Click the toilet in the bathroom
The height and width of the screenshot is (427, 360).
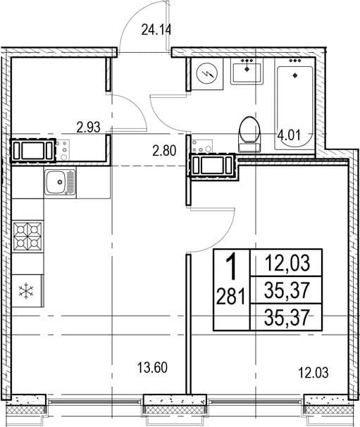coord(249,134)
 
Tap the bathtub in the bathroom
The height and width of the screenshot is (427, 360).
coord(294,104)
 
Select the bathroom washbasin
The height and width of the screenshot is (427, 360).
coord(247,71)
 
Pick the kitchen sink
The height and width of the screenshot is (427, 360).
coord(60,182)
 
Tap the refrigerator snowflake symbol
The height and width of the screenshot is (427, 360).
coord(26,291)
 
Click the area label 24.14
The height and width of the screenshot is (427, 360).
coord(156,30)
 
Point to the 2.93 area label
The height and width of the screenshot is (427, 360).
coord(89,127)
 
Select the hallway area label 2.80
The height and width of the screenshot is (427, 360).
coord(164,151)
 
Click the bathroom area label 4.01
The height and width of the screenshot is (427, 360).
coord(289,135)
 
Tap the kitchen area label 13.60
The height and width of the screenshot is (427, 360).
coord(152,368)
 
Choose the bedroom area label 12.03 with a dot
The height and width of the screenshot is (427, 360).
coord(314,373)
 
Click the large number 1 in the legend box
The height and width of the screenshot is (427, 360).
coord(232,266)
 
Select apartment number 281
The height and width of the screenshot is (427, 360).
coord(230,296)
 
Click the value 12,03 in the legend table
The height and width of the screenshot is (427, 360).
coord(287,264)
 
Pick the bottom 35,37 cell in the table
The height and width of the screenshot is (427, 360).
coord(287,318)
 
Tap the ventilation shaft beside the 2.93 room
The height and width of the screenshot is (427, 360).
coord(33,151)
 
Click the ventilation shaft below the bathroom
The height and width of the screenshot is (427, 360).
coord(212,165)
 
